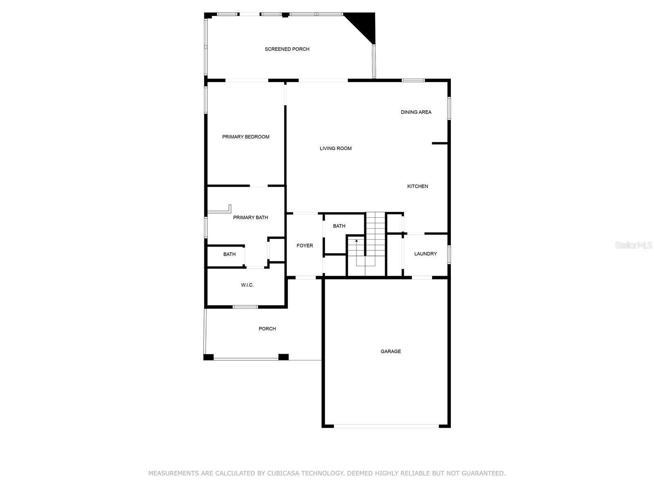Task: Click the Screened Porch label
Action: point(287,49)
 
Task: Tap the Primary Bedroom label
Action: point(246,137)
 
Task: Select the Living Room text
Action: point(336,148)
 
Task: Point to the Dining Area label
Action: point(416,112)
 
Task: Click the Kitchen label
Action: point(417,186)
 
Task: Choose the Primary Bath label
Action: point(251,217)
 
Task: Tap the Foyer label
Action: point(305,245)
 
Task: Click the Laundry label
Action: point(426,254)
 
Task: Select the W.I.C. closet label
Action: point(247,285)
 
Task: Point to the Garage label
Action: point(391,351)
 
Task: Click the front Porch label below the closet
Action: point(267,329)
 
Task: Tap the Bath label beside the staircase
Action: point(339,226)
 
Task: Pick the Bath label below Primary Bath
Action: point(229,254)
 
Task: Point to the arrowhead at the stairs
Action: point(356,241)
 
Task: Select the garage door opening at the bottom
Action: point(386,426)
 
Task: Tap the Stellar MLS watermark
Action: point(634,245)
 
